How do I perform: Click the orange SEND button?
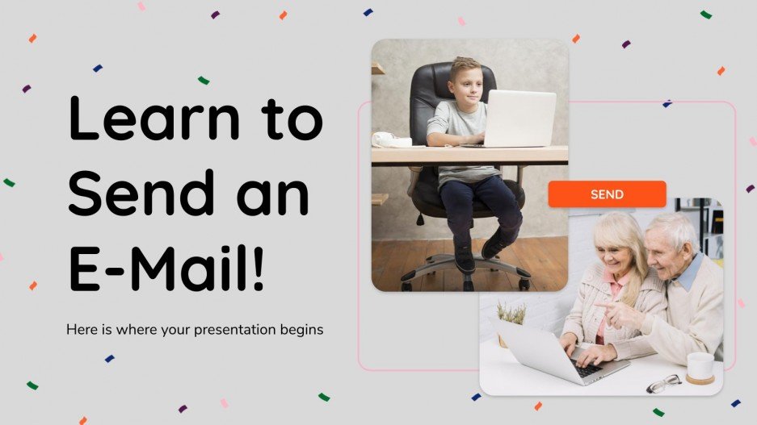[607, 194]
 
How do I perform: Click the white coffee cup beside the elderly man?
[700, 365]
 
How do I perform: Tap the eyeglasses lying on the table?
[664, 384]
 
